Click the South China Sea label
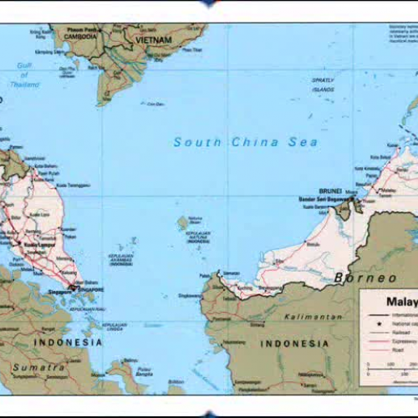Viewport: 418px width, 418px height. (x=246, y=142)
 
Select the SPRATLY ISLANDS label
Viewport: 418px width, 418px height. (x=323, y=84)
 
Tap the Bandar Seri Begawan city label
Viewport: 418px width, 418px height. (x=321, y=199)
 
